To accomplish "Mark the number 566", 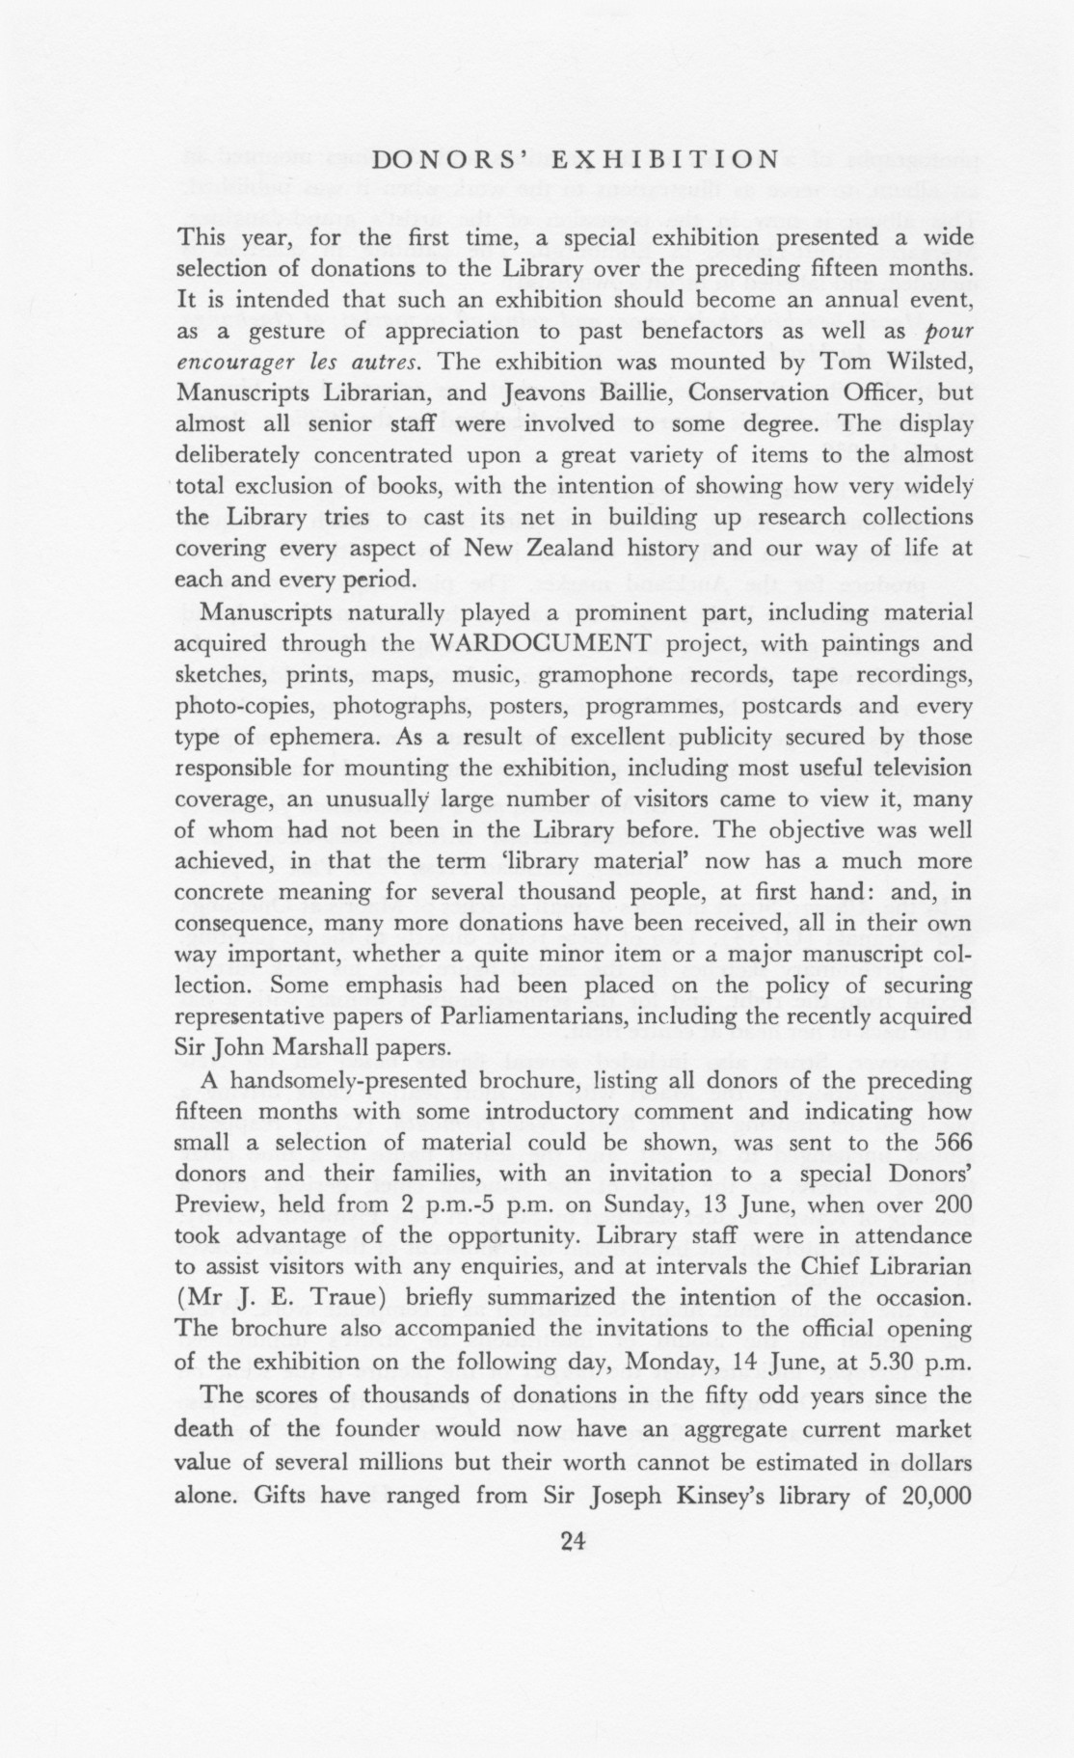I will [x=951, y=1143].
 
